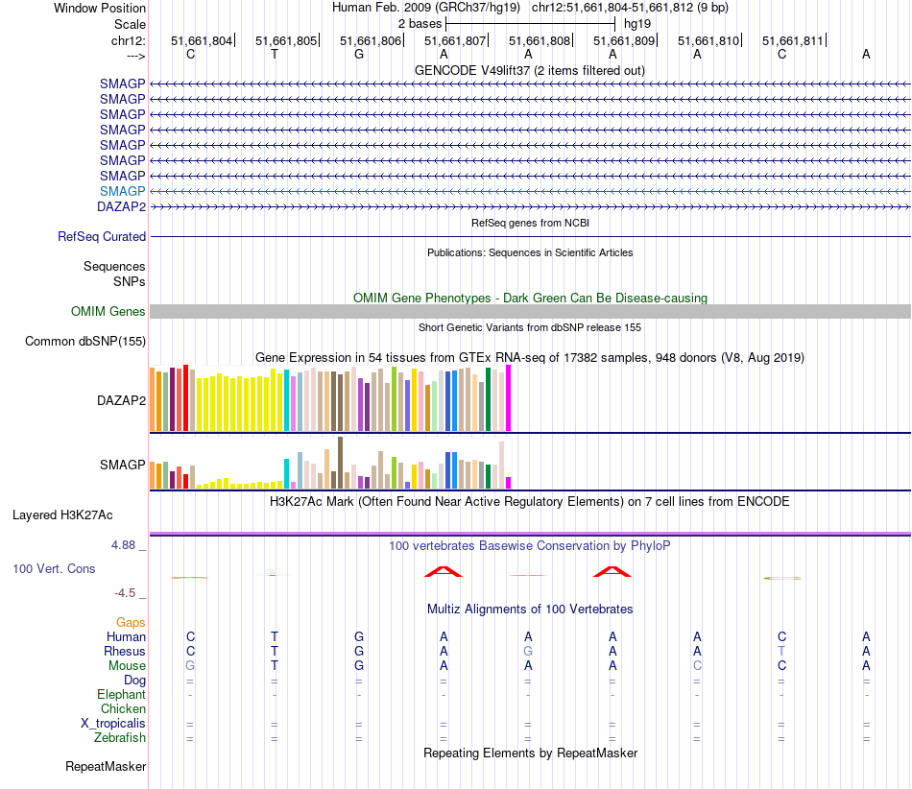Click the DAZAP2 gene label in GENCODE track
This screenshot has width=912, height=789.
tap(121, 206)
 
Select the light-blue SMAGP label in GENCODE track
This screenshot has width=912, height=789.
tap(122, 191)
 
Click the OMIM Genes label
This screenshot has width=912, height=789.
tap(108, 312)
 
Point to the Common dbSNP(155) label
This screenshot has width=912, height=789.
tap(85, 342)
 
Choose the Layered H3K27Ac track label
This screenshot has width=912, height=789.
tap(67, 514)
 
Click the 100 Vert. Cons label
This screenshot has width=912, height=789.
tap(55, 569)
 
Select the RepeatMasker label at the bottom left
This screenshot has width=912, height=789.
tap(106, 767)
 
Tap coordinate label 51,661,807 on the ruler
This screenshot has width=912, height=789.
tap(455, 41)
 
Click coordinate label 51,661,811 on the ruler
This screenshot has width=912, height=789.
tap(793, 41)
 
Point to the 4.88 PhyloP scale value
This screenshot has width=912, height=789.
tap(129, 545)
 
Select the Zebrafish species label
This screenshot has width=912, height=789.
tap(120, 738)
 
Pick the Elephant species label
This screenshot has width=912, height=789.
tap(121, 695)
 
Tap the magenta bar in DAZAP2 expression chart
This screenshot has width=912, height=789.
tap(509, 398)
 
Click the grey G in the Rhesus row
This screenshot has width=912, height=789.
tap(528, 651)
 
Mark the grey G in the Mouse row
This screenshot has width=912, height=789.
tap(190, 665)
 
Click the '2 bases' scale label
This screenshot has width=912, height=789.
tap(420, 22)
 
